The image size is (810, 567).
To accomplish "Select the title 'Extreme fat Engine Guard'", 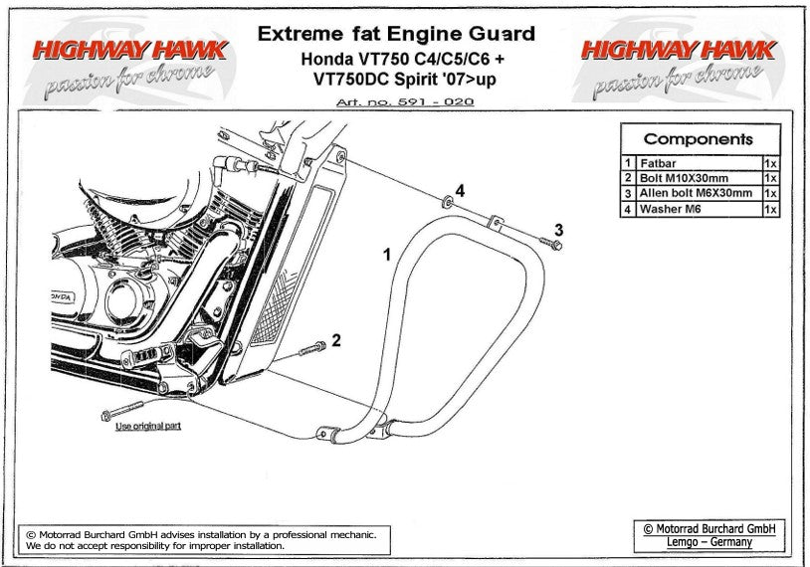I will pyautogui.click(x=396, y=34).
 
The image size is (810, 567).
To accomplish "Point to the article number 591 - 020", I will pyautogui.click(x=405, y=102).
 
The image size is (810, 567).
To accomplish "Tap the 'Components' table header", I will pyautogui.click(x=699, y=139).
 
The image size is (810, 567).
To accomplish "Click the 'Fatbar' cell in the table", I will pyautogui.click(x=658, y=162).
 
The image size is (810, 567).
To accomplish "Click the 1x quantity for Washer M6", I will pyautogui.click(x=770, y=210).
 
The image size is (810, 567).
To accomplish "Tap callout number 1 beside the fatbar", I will pyautogui.click(x=388, y=256).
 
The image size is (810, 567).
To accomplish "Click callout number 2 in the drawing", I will pyautogui.click(x=336, y=340).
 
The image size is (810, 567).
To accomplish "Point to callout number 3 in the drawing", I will pyautogui.click(x=559, y=230).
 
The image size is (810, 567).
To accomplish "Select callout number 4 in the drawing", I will pyautogui.click(x=461, y=189).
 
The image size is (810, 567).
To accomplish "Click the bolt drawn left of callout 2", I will pyautogui.click(x=309, y=349).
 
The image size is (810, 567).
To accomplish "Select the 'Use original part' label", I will pyautogui.click(x=148, y=427).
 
